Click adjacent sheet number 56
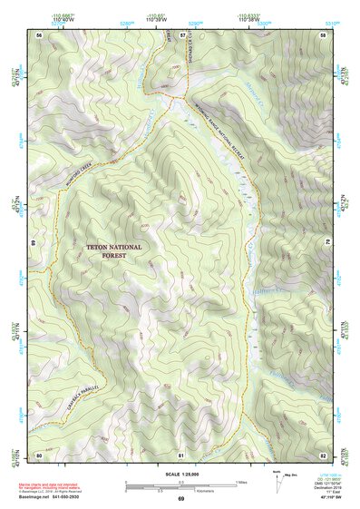[39, 34]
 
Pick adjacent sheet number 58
[323, 34]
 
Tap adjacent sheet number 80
[39, 454]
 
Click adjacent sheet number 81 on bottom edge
[181, 454]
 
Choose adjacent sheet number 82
[323, 454]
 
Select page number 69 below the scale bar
[180, 499]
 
